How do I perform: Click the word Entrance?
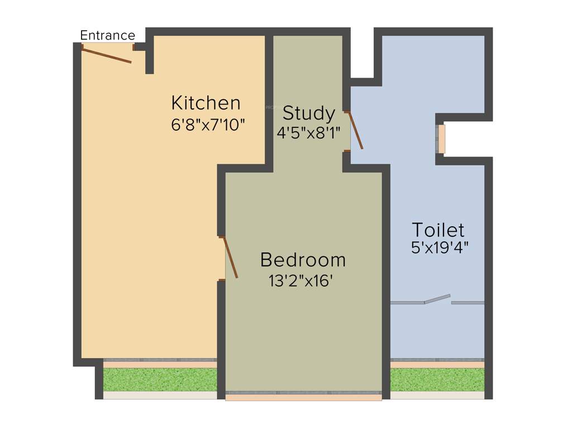pos(107,36)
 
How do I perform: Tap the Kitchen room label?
pos(206,103)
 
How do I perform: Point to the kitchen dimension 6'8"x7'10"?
pos(208,125)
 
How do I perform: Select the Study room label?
pos(308,113)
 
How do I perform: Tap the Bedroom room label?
pos(303,260)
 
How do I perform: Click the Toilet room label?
pos(438,230)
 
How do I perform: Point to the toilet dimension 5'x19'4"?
pos(440,248)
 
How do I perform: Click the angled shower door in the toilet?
pos(437,299)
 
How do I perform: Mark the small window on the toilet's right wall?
pos(442,139)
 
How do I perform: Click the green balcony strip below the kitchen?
pos(160,379)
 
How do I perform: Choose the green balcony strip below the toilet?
pos(437,379)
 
